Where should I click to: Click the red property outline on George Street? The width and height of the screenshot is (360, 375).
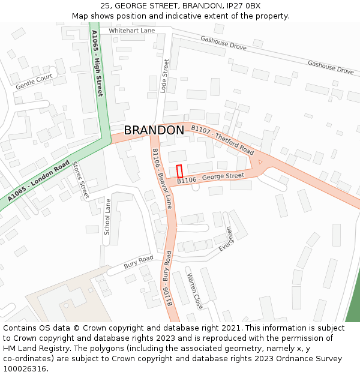click(179, 171)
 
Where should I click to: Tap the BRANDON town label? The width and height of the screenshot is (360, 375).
click(154, 130)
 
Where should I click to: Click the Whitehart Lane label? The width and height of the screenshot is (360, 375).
click(132, 31)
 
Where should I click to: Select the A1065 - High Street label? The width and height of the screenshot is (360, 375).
click(97, 64)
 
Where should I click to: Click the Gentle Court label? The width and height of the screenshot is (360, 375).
click(34, 82)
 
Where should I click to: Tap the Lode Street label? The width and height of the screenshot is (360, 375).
click(165, 75)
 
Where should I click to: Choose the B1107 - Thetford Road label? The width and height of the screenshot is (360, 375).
click(222, 140)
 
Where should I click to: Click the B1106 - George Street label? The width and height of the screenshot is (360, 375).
click(211, 178)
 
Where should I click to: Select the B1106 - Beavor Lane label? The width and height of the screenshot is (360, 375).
click(162, 178)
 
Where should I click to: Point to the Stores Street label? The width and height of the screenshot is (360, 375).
click(80, 180)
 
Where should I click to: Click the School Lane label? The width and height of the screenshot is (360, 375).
click(107, 217)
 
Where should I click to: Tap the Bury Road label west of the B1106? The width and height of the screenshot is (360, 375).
click(139, 262)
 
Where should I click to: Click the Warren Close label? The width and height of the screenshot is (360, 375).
click(195, 291)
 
